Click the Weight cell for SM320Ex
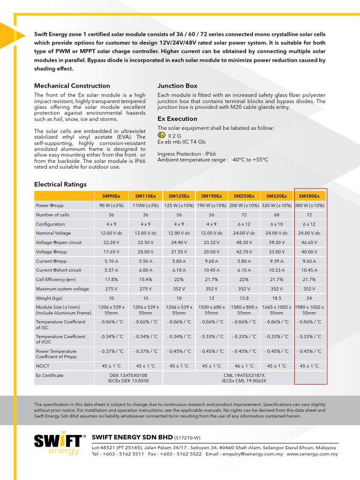click(x=277, y=298)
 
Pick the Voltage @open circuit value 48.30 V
click(x=244, y=242)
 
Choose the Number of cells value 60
click(x=277, y=215)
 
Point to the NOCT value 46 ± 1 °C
click(x=244, y=366)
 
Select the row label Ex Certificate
click(x=50, y=375)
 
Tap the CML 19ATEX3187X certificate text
click(x=244, y=375)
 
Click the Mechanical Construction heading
click(x=72, y=86)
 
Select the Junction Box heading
click(x=177, y=86)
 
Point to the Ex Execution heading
click(x=177, y=119)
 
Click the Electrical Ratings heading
click(x=60, y=184)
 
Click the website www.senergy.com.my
click(x=312, y=454)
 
